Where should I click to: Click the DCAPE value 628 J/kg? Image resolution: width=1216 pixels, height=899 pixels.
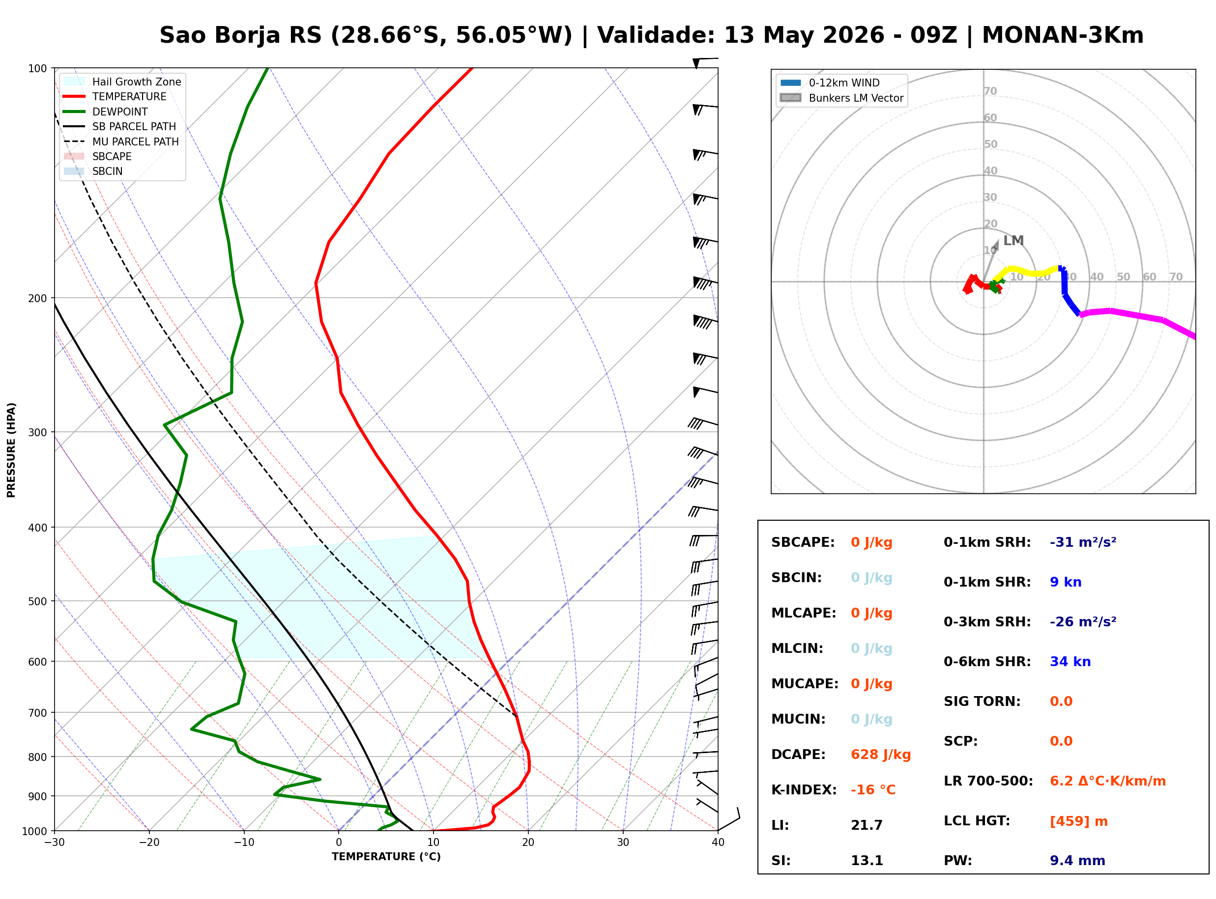[880, 754]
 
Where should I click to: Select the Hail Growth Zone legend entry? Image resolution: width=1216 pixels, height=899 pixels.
[122, 82]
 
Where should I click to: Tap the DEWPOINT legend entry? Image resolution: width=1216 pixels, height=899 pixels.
[106, 112]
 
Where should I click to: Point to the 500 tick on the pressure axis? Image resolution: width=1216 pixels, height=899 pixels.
[37, 601]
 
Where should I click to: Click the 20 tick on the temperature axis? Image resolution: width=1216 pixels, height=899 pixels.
[527, 843]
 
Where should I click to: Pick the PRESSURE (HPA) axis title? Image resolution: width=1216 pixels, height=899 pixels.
[11, 449]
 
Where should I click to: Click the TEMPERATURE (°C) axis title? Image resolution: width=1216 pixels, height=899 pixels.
[386, 857]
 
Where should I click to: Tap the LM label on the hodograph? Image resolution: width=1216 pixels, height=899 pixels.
[1013, 241]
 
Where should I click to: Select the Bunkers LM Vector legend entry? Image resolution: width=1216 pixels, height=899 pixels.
[841, 98]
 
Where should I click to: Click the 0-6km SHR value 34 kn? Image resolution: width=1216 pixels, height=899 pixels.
[1070, 662]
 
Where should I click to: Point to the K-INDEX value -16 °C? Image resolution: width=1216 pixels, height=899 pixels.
[872, 789]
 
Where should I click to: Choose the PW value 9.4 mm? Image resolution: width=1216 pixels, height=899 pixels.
[1077, 860]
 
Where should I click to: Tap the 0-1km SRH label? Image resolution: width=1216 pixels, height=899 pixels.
[987, 542]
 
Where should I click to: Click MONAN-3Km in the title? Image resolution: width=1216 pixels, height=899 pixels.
[1063, 35]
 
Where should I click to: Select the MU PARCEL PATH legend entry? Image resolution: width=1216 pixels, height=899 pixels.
[121, 141]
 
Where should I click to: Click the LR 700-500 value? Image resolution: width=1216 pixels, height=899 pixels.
[1107, 781]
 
